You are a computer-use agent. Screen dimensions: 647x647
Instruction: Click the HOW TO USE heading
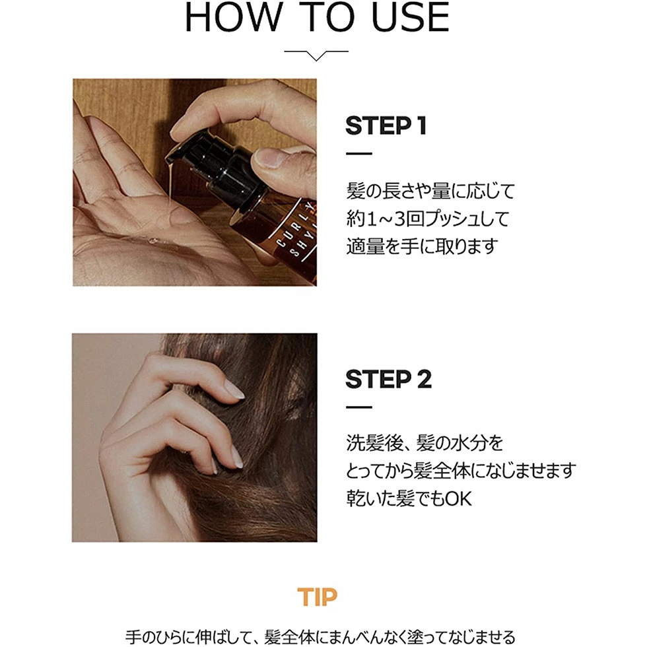point(317,17)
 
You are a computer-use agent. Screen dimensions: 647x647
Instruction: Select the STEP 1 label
point(386,125)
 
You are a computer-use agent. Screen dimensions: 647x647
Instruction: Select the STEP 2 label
point(388,379)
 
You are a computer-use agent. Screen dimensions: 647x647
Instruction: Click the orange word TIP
point(317,597)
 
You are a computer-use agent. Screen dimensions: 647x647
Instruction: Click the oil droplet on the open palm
point(153,240)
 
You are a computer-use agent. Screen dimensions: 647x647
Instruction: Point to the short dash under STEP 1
point(359,153)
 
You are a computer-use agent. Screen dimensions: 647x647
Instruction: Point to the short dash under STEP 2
point(359,407)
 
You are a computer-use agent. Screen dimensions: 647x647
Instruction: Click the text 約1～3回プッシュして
point(428,219)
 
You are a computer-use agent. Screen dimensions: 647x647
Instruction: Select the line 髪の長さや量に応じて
point(430,191)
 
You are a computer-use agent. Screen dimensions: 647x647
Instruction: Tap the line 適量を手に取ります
point(421,246)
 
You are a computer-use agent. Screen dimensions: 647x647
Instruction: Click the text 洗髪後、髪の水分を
point(425,443)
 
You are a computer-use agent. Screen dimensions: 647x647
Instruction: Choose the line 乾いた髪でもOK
point(409,498)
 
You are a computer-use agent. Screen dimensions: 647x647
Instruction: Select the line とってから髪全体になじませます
point(461,471)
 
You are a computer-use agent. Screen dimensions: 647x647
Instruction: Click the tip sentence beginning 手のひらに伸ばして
point(320,637)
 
